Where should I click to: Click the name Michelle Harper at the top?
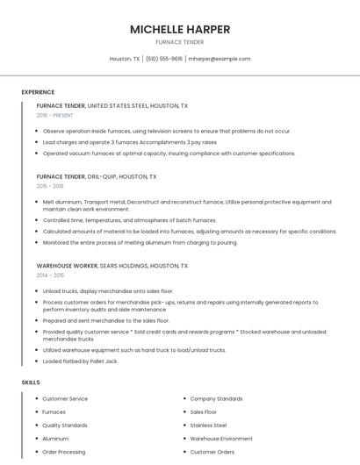tap(180, 29)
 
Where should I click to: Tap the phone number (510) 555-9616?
tap(164, 59)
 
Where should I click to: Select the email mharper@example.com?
tap(220, 59)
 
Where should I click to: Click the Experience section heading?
tap(38, 92)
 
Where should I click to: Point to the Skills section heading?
tap(31, 383)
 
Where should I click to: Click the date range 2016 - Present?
tap(55, 115)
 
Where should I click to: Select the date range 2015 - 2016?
tap(50, 186)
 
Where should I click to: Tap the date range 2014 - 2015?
tap(50, 275)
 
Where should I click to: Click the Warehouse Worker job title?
tap(66, 265)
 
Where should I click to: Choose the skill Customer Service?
tap(65, 398)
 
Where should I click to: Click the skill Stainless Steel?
tap(208, 425)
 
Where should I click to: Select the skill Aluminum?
tap(55, 439)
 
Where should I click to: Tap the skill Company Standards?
tap(216, 398)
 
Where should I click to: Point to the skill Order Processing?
tap(64, 452)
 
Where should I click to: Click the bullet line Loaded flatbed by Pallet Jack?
tap(80, 361)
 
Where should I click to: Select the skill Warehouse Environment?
tap(221, 439)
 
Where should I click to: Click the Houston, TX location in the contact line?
tap(125, 59)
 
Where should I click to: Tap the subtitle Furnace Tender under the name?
tap(180, 42)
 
